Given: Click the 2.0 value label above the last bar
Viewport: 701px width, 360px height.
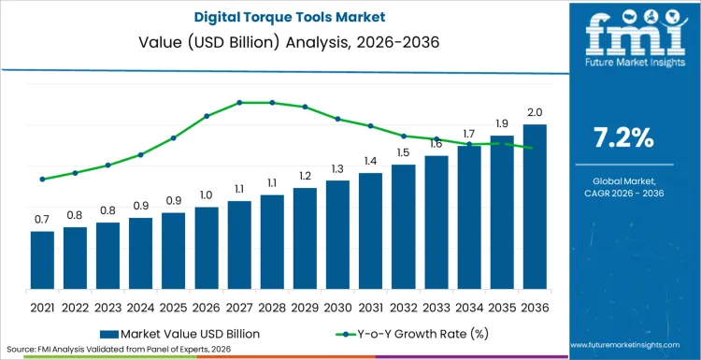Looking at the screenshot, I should (535, 112).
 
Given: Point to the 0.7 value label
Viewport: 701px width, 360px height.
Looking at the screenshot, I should (42, 219).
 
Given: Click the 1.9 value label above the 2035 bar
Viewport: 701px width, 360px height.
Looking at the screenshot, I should (502, 123).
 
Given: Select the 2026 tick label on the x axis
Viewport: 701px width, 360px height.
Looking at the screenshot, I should (207, 306).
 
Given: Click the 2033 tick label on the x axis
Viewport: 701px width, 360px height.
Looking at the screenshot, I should (436, 306).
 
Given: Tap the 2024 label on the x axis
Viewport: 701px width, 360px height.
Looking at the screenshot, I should (141, 306).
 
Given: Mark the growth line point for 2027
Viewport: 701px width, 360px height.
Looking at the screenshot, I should (239, 102).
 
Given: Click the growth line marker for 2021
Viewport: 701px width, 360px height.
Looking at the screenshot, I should (42, 179).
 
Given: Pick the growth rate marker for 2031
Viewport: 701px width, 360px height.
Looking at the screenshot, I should (371, 126).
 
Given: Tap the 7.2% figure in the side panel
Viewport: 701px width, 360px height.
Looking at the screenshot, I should (623, 137).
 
